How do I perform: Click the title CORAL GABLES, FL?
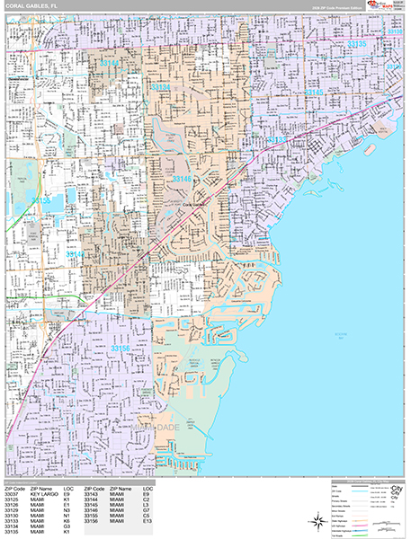tap(31, 7)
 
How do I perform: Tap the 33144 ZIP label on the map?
tap(111, 63)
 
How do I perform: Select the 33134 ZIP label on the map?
tap(161, 86)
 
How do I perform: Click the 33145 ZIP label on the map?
tap(314, 92)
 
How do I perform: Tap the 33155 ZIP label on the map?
tap(41, 200)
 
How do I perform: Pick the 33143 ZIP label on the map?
tap(76, 254)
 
